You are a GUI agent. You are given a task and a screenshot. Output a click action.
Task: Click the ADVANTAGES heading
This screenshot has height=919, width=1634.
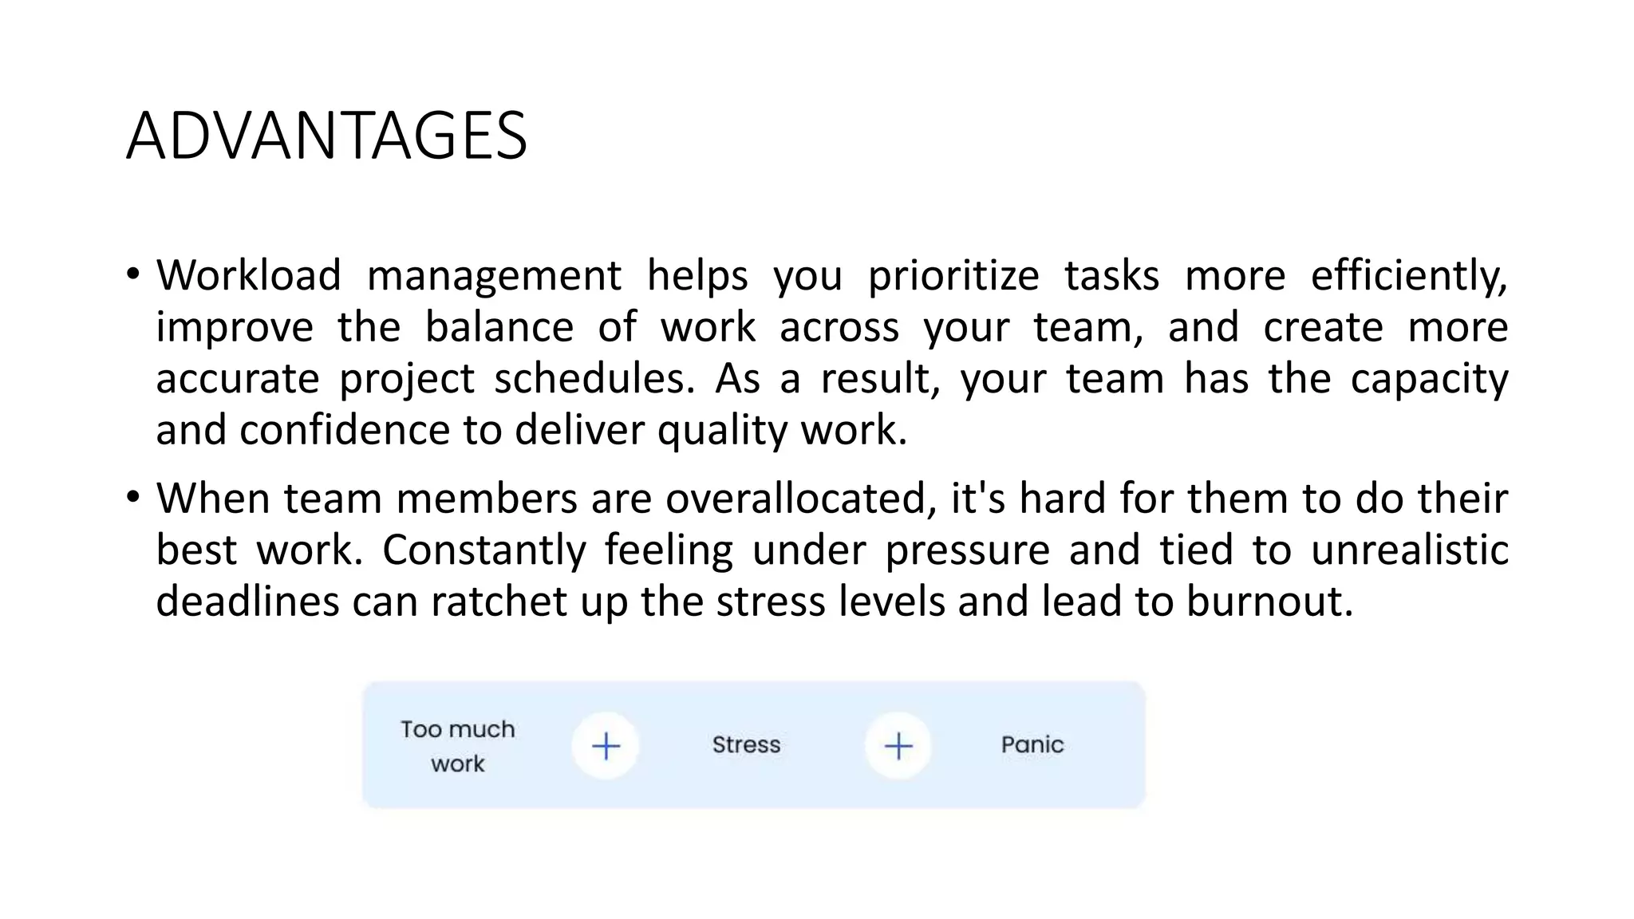[x=326, y=136]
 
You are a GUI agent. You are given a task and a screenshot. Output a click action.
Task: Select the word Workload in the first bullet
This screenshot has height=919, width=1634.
[x=248, y=275]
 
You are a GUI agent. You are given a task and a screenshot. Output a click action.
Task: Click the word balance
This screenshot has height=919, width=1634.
[x=499, y=327]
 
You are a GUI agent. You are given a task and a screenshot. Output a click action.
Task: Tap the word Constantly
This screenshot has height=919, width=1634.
[x=483, y=550]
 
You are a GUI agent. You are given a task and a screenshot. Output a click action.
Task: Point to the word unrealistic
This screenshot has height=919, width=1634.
[x=1409, y=550]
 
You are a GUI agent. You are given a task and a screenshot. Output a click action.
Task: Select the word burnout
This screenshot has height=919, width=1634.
[x=1269, y=601]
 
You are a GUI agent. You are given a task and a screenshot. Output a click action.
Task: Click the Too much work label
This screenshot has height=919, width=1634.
[x=458, y=746]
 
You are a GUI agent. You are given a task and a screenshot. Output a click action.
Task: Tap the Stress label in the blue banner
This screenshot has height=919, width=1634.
[x=746, y=745]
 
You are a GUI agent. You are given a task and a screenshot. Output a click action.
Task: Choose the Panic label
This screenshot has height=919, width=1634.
[x=1032, y=745]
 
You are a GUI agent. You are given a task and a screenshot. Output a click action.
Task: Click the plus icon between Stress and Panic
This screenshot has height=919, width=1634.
[x=898, y=747]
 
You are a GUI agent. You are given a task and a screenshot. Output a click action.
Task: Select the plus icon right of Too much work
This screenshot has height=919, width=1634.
[x=606, y=747]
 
